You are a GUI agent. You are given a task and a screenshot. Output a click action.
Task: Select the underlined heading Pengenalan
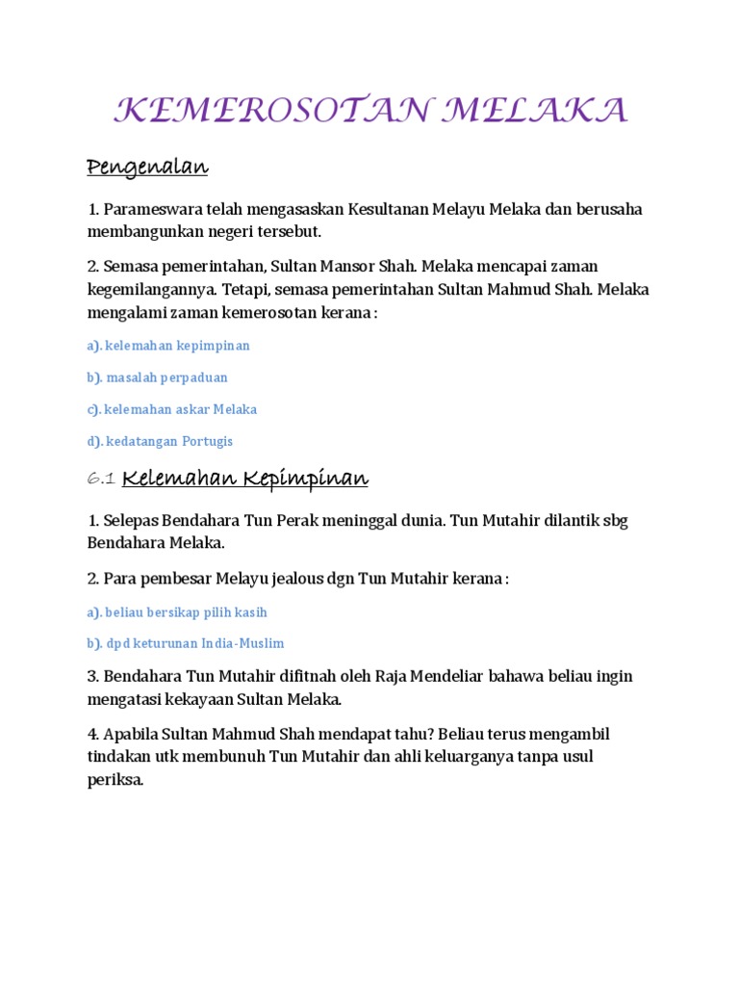pyautogui.click(x=147, y=168)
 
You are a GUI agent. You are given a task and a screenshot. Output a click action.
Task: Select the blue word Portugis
pyautogui.click(x=207, y=441)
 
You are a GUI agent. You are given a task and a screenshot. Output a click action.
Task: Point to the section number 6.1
pyautogui.click(x=101, y=479)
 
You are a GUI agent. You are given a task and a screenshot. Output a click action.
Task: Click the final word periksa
pyautogui.click(x=115, y=780)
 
